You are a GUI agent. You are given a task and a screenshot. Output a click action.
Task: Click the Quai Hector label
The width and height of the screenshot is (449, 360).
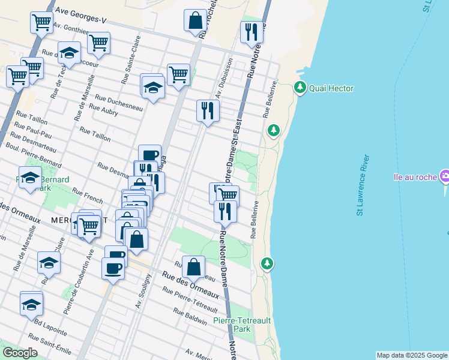(x=331, y=89)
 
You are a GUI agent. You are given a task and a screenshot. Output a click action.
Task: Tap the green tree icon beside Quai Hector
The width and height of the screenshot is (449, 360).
(x=300, y=88)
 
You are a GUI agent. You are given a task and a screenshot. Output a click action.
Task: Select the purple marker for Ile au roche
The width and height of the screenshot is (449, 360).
(x=445, y=177)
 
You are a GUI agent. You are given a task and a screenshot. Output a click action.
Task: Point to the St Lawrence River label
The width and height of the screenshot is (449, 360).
(x=362, y=185)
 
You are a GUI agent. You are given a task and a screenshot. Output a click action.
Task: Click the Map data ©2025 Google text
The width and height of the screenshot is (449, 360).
(x=412, y=355)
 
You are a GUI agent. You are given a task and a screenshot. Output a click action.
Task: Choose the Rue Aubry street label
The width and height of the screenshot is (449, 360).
(x=103, y=110)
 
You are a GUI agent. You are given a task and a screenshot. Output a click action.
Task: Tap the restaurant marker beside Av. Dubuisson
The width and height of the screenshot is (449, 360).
(x=208, y=110)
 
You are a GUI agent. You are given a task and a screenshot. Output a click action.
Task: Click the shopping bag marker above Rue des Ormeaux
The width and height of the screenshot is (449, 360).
(x=193, y=267)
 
